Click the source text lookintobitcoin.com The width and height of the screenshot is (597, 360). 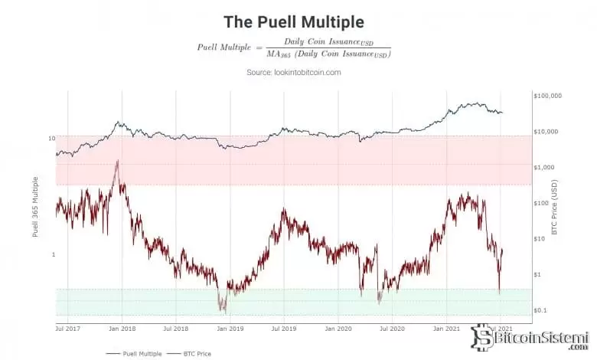coord(293,72)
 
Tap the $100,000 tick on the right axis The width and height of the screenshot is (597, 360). coord(547,96)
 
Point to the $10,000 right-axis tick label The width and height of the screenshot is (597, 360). coord(549,132)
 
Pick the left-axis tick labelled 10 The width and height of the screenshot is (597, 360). coord(51,139)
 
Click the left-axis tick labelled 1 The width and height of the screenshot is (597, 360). coord(53,254)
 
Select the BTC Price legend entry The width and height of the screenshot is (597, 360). coord(197,353)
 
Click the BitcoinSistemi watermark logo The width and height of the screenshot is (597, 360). coord(531,338)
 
